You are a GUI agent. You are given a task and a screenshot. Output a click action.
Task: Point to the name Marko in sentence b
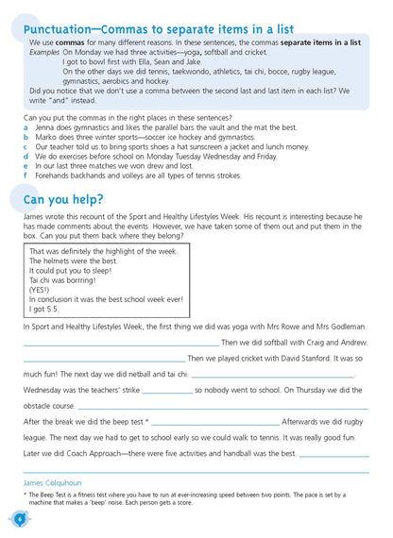coord(47,138)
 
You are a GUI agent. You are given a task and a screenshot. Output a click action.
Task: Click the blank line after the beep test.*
coord(228,422)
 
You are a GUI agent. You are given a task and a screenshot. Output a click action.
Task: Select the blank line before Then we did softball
coord(121,343)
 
